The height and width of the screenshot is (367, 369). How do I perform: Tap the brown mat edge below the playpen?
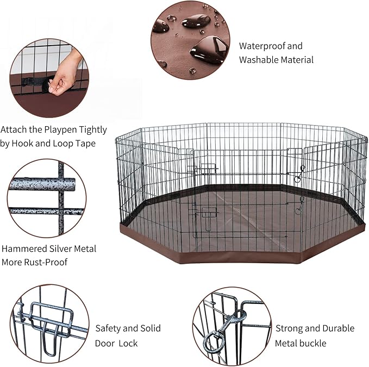(x=239, y=256)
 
